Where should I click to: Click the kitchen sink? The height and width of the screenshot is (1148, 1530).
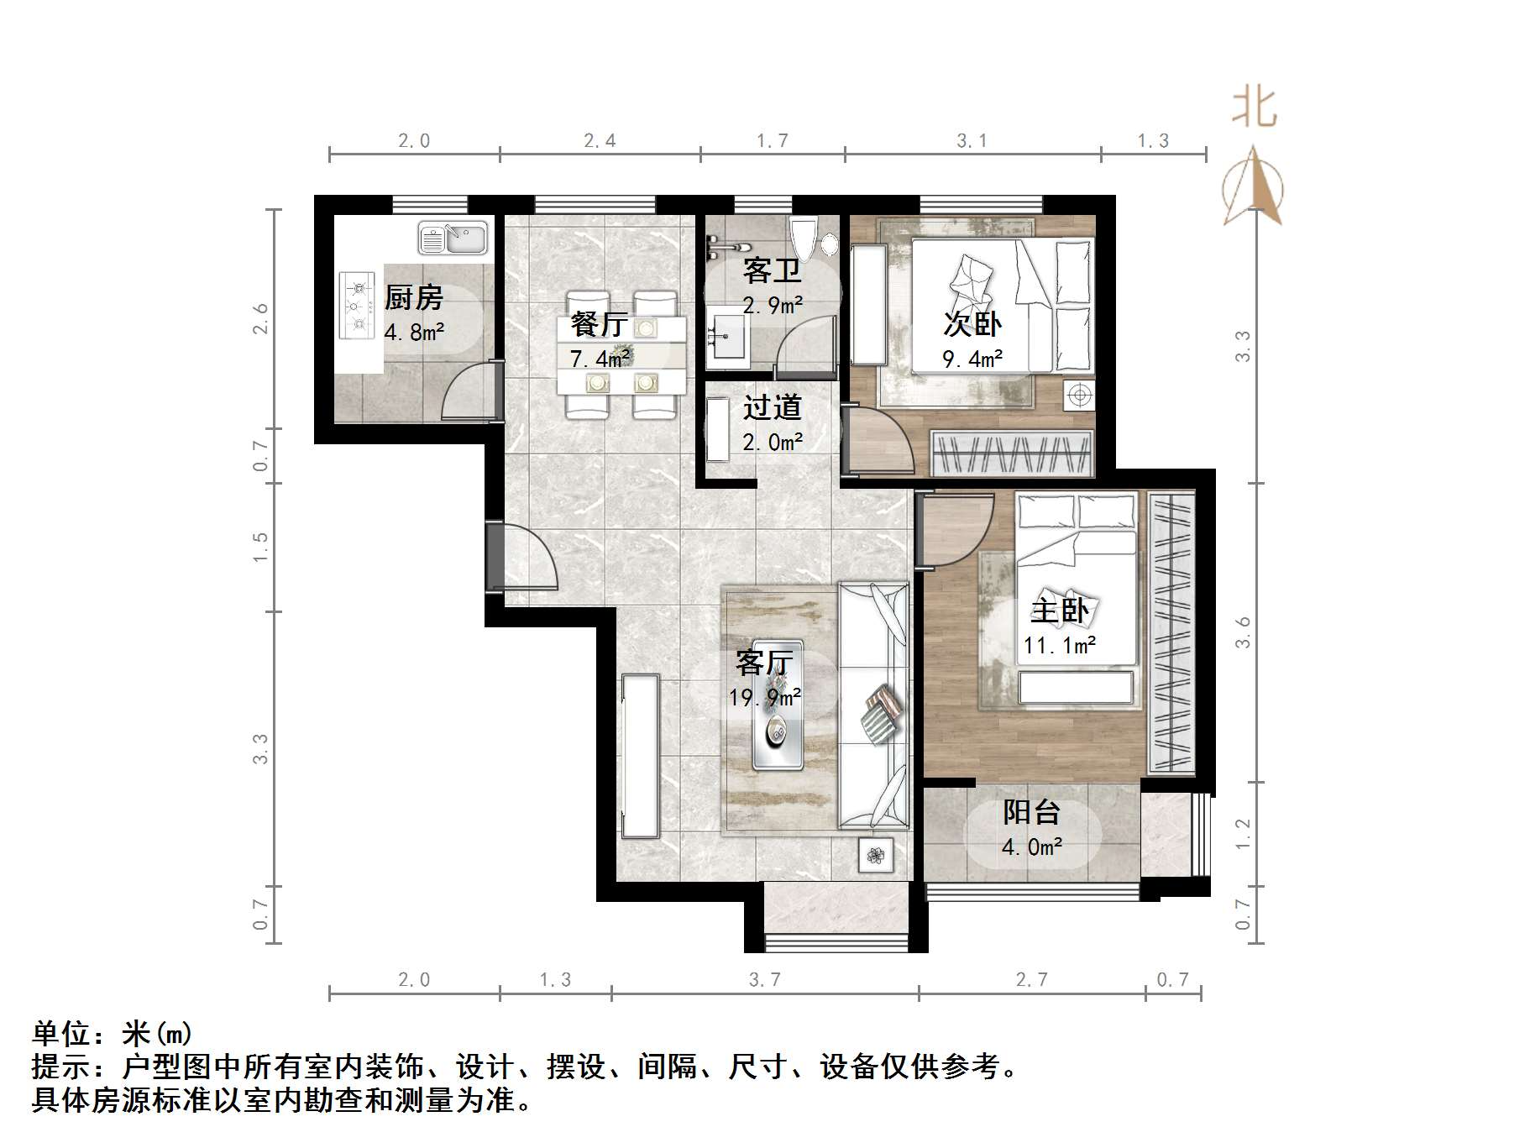point(453,238)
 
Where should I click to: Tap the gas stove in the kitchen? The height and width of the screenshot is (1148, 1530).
point(357,306)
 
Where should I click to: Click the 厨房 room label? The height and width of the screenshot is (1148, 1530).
point(413,297)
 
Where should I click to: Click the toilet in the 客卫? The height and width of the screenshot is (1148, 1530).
point(804,238)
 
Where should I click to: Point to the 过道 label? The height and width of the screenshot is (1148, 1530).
point(772,408)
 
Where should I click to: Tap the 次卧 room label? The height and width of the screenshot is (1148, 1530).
point(972,323)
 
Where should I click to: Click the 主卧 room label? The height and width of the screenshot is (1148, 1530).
point(1060,610)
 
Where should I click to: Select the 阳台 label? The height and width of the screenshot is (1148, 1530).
point(1031,811)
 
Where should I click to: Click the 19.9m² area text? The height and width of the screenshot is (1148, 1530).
point(764,697)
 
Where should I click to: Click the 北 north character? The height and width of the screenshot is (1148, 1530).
point(1255,108)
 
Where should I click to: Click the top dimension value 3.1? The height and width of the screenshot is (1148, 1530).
point(972,141)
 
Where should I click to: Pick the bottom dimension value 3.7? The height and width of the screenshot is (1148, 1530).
point(764,979)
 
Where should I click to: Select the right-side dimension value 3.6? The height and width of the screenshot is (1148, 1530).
point(1243,632)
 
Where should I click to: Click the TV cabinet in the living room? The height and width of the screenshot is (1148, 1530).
point(640,755)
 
